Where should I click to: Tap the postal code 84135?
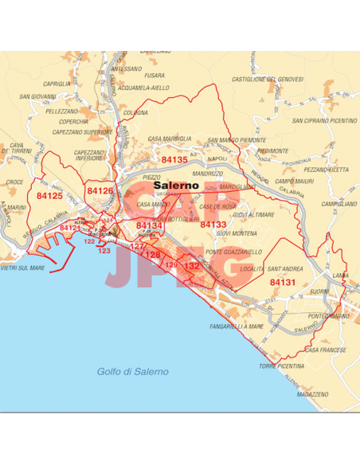coord(174,160)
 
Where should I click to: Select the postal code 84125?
coord(49,195)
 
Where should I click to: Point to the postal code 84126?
coord(100,191)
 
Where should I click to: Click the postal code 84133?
coord(213,225)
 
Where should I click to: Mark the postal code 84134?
coord(149,226)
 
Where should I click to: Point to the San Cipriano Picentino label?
coord(324,121)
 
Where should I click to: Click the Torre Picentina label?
coord(283,366)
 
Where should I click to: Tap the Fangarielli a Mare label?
coord(237,326)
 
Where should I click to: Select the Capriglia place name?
coord(58,83)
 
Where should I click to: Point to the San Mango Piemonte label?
coord(237,140)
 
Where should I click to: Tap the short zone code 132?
coord(191,266)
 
